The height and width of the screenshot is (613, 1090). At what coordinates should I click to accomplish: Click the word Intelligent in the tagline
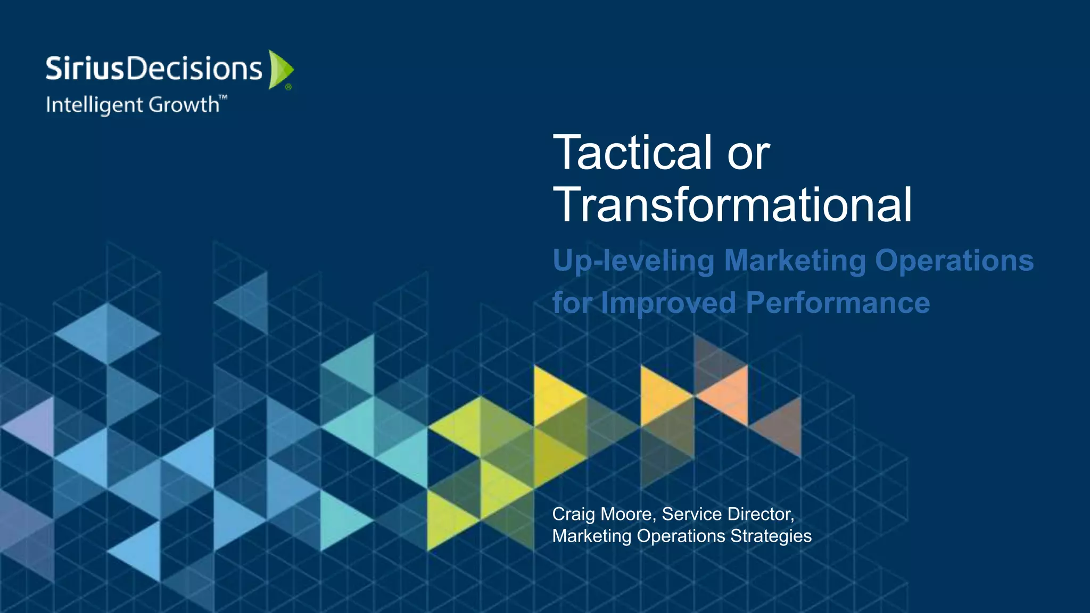tap(95, 105)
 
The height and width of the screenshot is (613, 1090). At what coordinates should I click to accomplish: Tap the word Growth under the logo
tap(184, 104)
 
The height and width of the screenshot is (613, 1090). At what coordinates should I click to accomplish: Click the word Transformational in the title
tap(732, 205)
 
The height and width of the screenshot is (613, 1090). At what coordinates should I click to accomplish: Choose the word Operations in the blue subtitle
tap(954, 261)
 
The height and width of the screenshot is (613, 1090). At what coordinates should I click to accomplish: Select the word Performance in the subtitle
tap(838, 303)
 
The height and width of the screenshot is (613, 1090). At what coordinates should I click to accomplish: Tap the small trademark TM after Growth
tap(224, 97)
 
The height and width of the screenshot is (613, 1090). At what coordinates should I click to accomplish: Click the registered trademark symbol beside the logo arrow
tap(288, 87)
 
